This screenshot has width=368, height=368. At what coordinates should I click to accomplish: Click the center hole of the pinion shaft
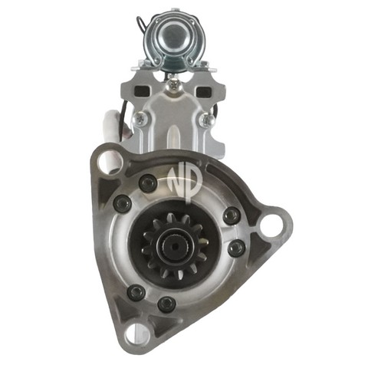(176, 246)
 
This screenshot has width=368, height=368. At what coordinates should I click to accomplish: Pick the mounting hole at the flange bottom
(136, 333)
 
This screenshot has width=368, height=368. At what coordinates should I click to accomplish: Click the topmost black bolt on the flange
(148, 183)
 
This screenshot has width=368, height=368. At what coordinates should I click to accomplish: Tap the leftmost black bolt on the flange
(122, 203)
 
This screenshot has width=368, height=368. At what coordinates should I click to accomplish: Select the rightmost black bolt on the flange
(236, 248)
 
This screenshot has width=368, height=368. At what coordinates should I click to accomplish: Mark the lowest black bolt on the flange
(166, 304)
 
